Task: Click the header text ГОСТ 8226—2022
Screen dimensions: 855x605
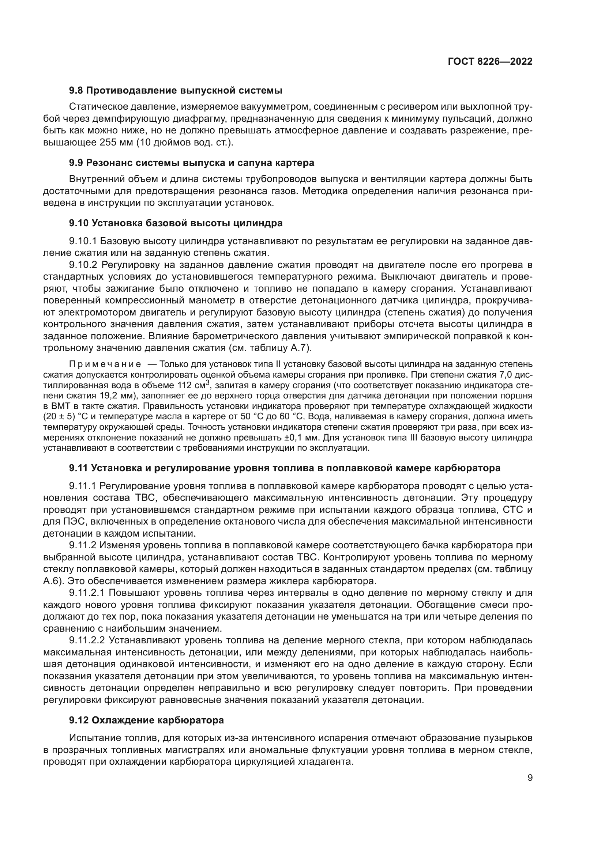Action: coord(490,62)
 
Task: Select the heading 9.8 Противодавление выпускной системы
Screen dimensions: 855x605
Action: coord(176,91)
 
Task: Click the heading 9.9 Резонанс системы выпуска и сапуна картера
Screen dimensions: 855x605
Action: coord(191,163)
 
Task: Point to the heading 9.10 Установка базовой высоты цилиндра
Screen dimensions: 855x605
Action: coord(176,223)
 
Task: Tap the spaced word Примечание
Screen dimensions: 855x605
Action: coord(105,364)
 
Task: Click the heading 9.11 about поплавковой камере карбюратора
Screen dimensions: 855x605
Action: coord(285,468)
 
